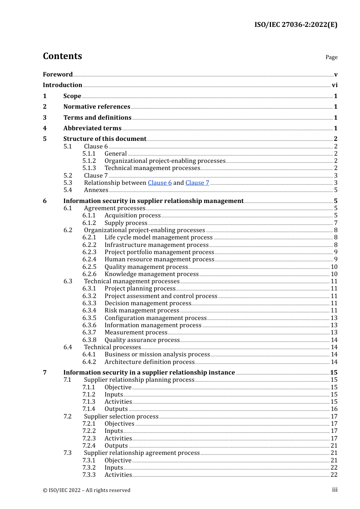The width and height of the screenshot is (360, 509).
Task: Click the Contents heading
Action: point(62,56)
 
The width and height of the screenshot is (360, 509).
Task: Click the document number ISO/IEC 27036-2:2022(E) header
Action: point(296,25)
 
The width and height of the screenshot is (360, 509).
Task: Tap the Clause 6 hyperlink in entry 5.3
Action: point(160,183)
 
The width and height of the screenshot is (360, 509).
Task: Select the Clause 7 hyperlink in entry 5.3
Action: point(197,183)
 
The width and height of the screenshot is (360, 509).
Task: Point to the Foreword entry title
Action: point(58,75)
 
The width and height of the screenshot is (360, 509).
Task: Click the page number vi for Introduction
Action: point(335,85)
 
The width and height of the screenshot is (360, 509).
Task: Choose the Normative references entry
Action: point(97,107)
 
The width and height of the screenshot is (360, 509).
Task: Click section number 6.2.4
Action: point(89,259)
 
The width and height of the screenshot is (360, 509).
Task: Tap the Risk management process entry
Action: point(142,311)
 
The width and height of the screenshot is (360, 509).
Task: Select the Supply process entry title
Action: point(126,223)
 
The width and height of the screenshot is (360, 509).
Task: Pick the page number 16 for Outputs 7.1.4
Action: point(334,409)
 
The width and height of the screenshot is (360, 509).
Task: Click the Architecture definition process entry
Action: point(149,362)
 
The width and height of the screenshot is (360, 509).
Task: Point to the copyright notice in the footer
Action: point(86,490)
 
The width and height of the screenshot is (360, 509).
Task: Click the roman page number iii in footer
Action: point(335,490)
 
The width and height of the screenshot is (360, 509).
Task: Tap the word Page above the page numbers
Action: point(331,57)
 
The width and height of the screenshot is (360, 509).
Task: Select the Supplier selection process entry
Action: point(121,417)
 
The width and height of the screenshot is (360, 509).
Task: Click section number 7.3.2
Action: point(89,468)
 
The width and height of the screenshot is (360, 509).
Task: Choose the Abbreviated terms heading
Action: point(92,128)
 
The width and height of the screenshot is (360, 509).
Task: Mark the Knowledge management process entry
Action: point(152,274)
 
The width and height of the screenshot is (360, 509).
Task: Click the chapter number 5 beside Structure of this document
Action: point(45,139)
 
